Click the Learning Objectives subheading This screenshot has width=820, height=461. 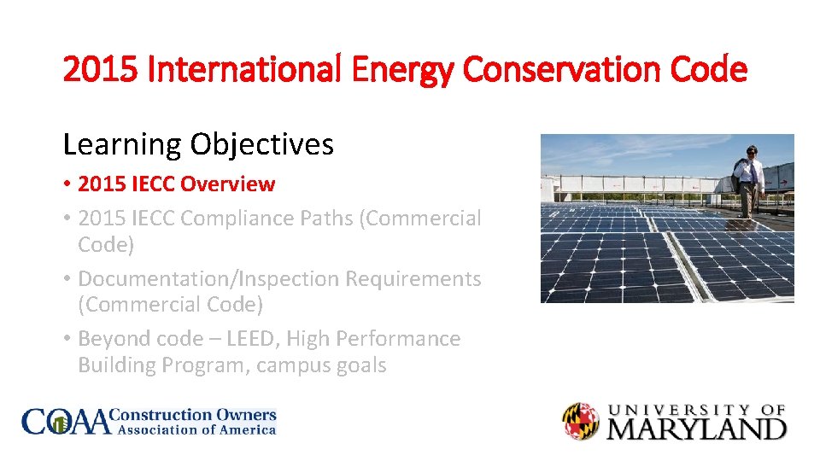[198, 144]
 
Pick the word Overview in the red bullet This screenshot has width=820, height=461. [228, 184]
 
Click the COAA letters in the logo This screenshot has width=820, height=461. [67, 422]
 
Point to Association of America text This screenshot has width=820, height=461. [196, 430]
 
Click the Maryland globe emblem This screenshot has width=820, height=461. [581, 422]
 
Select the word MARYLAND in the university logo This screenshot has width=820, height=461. [696, 428]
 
